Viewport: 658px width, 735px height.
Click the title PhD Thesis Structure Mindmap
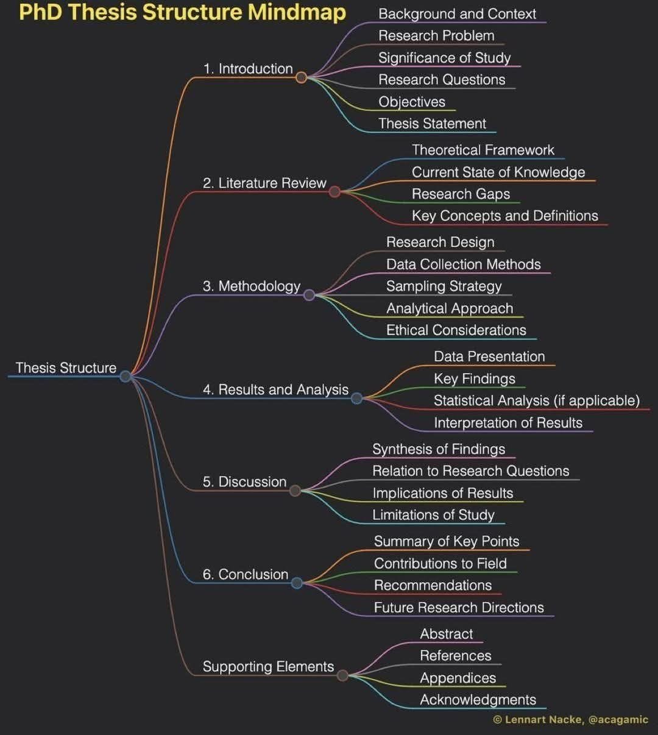click(x=182, y=12)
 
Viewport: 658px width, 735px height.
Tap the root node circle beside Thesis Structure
click(x=126, y=376)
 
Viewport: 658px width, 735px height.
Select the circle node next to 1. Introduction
click(x=301, y=77)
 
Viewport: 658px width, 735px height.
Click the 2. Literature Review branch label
click(x=264, y=183)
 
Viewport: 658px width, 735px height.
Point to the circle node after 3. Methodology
click(x=309, y=295)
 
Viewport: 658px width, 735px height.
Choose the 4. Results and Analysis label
click(x=275, y=389)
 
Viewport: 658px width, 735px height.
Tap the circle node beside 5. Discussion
click(x=295, y=491)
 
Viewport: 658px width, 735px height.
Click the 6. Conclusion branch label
click(x=246, y=574)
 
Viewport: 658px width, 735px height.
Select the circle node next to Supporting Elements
click(x=342, y=675)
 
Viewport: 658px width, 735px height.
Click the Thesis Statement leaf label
click(x=432, y=124)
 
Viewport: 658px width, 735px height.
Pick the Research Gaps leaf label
click(x=461, y=194)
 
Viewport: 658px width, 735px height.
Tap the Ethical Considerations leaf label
click(x=456, y=330)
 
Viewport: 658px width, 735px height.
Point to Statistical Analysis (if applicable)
click(x=536, y=400)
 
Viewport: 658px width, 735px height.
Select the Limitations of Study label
click(x=433, y=515)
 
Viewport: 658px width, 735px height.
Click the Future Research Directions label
click(x=459, y=608)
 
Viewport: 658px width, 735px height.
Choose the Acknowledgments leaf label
click(x=478, y=700)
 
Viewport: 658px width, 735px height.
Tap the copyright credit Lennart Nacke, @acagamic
click(x=570, y=720)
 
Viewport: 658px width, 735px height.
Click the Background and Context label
click(x=457, y=14)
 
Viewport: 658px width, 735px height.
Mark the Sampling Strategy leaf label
click(x=444, y=286)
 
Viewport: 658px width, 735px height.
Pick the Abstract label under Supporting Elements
click(x=446, y=634)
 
